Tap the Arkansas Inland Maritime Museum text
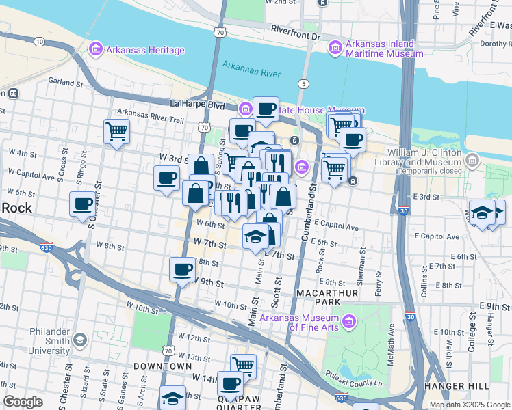(x=380, y=50)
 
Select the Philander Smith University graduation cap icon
(x=80, y=340)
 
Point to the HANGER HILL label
(x=478, y=386)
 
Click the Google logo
(x=23, y=402)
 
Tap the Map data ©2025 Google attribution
(x=470, y=405)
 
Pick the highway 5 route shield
(x=302, y=84)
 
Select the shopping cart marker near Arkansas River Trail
(x=117, y=131)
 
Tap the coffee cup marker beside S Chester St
(x=83, y=204)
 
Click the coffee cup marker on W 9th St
(x=182, y=269)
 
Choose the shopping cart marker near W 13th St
(x=243, y=365)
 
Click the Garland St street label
(x=66, y=82)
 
